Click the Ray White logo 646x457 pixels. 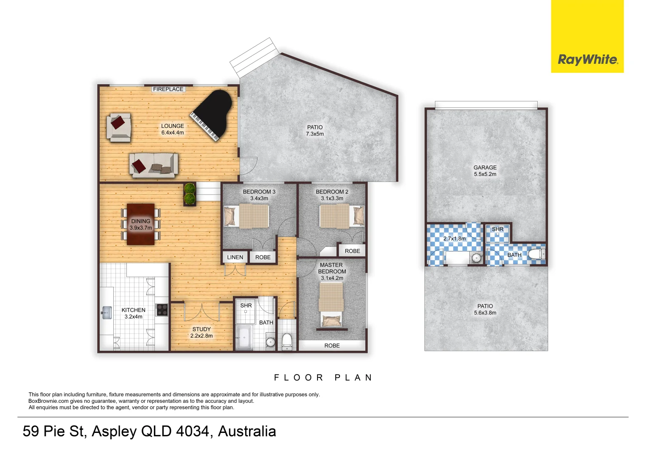coord(587,59)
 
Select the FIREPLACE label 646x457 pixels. coord(168,89)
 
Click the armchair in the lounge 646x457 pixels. coord(119,127)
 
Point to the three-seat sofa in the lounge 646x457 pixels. coord(153,165)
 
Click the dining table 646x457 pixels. coord(141,225)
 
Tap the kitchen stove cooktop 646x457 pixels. coord(162,310)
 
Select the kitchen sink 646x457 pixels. coord(106,313)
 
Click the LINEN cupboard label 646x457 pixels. coord(235,257)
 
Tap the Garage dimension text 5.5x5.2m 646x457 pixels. coord(485,174)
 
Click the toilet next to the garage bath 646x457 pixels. coord(537,254)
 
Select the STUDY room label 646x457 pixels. coord(201,329)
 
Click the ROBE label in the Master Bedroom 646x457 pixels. coord(332,346)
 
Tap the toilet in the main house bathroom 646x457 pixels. coord(287,341)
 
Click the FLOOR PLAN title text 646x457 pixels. coord(323,377)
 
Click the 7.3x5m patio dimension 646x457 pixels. coord(315,134)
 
